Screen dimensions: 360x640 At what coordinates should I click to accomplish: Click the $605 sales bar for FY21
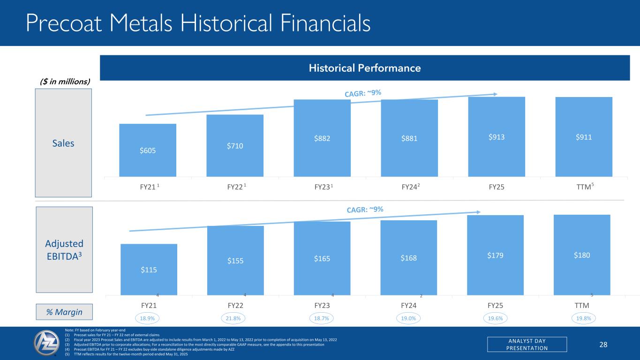148,150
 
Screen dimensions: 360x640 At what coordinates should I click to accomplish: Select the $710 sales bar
235,145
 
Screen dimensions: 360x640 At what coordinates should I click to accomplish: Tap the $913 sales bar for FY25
497,136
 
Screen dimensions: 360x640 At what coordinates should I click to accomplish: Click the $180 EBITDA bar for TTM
582,255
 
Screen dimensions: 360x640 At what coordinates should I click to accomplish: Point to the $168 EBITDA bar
408,257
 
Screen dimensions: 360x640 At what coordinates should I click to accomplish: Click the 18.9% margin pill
148,318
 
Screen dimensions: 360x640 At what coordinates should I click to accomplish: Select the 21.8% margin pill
235,318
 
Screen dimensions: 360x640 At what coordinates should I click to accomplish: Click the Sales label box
63,143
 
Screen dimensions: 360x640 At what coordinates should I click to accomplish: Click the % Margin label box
64,312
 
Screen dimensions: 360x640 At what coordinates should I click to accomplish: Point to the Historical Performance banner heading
364,68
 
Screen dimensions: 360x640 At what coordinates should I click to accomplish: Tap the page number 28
603,345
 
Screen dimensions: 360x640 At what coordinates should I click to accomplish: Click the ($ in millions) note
64,82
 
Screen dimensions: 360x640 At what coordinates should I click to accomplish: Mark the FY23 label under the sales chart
323,187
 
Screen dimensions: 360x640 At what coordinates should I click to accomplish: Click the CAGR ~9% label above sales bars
363,94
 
